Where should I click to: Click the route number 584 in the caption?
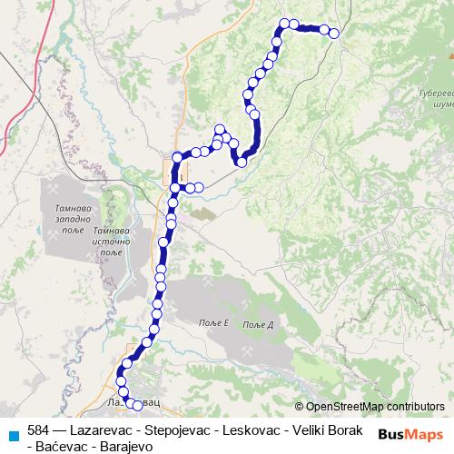(38, 429)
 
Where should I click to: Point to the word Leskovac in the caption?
(247, 429)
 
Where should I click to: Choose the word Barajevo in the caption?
(128, 446)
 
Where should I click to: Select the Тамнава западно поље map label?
(64, 220)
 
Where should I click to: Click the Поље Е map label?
(213, 324)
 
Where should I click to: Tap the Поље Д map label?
(259, 325)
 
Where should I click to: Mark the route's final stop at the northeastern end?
(333, 34)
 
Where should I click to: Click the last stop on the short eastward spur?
(199, 188)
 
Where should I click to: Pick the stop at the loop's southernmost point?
(242, 163)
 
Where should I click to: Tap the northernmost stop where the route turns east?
(284, 24)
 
